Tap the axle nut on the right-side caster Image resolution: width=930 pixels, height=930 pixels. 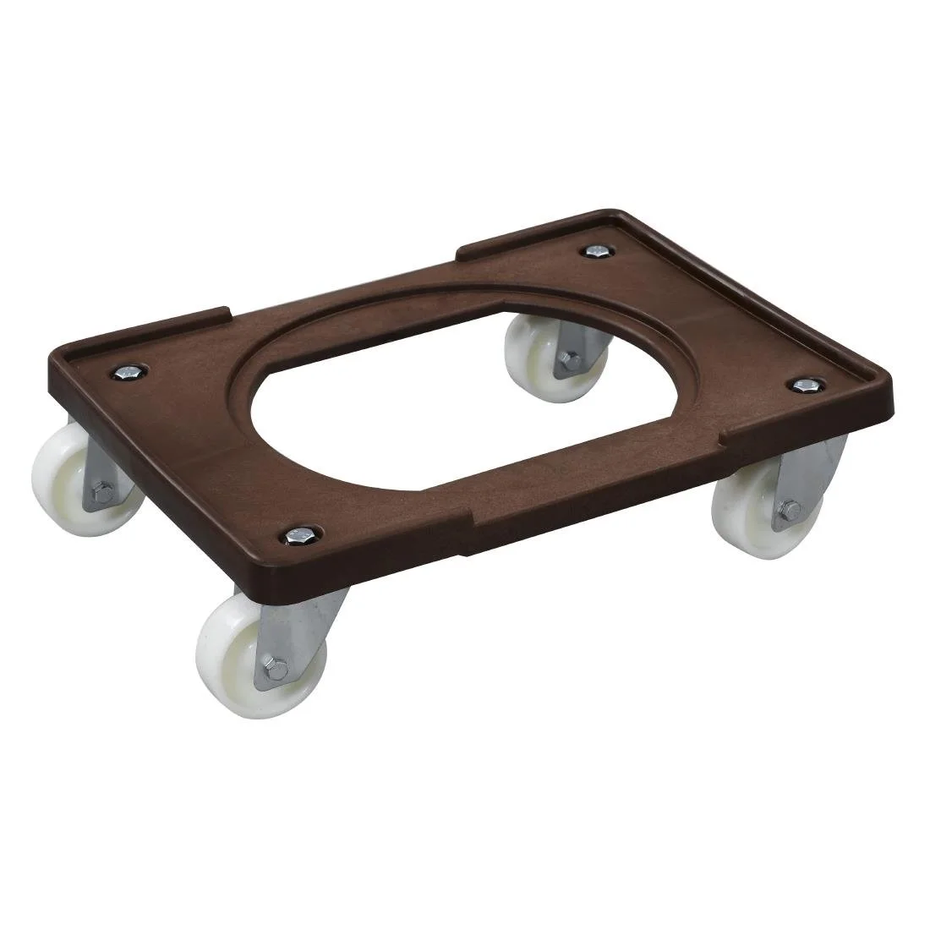click(792, 509)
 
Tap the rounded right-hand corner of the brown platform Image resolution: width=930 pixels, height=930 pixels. click(879, 397)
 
